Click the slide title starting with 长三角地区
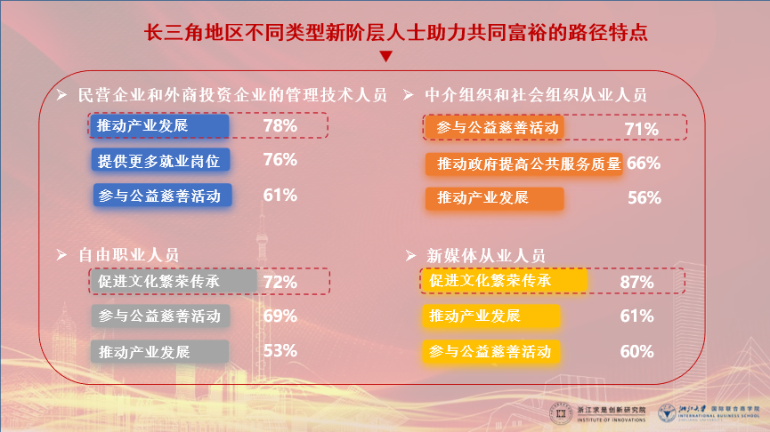(385, 33)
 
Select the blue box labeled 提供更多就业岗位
(162, 161)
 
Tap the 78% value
(280, 126)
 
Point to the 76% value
(280, 160)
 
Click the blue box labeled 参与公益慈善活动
(162, 196)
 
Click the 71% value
(641, 130)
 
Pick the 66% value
(643, 164)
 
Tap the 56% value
(644, 198)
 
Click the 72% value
(280, 283)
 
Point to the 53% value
(280, 350)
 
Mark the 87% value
(637, 283)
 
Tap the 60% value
(637, 351)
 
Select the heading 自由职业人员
(128, 255)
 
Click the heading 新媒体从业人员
(486, 256)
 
